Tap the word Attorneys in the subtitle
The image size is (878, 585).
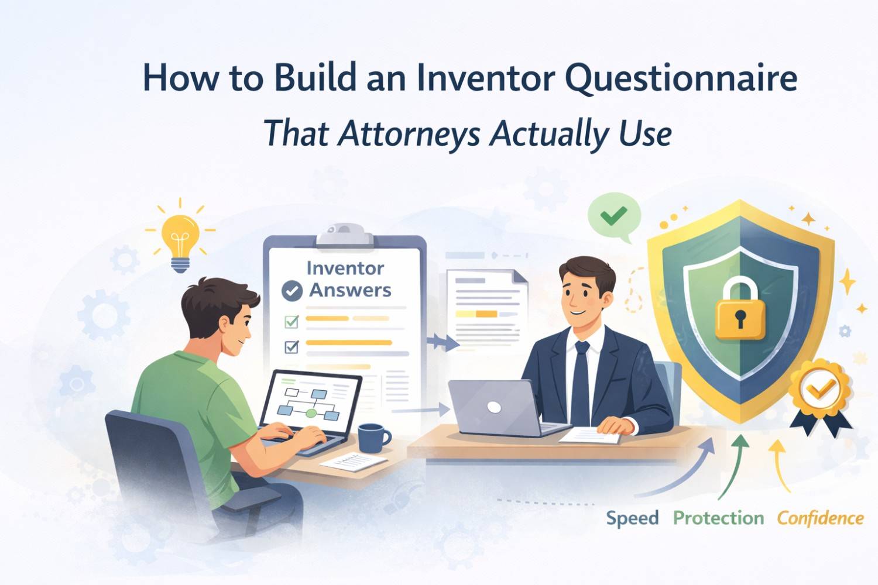point(410,133)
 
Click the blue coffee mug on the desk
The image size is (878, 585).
point(372,437)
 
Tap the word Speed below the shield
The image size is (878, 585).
point(632,518)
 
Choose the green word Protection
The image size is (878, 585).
point(718,518)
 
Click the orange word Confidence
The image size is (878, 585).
point(820,518)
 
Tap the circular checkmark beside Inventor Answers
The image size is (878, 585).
point(291,291)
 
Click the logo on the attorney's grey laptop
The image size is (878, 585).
point(494,407)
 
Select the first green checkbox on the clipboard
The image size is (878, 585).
point(291,321)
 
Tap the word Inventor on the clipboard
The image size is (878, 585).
point(345,269)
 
